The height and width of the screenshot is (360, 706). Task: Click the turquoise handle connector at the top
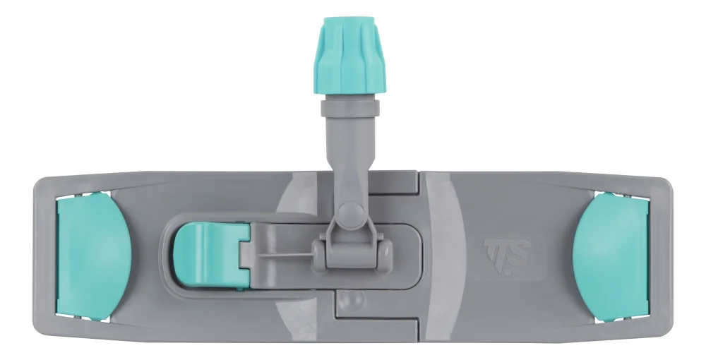point(349,55)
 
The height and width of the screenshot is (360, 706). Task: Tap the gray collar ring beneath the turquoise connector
point(350,108)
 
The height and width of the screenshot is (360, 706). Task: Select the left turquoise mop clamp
point(93,256)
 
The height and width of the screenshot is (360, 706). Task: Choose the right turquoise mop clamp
point(611,256)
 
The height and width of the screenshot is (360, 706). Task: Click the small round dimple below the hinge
point(352,300)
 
